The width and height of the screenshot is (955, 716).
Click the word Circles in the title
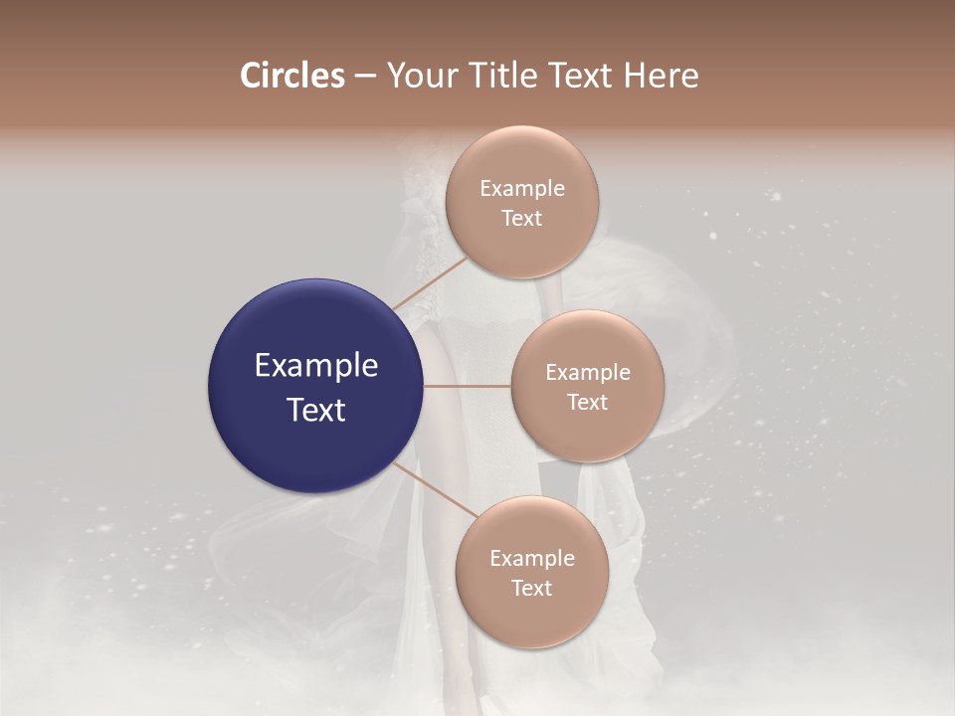point(292,76)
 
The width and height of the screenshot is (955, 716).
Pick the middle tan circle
point(587,433)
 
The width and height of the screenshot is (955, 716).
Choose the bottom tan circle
point(531,622)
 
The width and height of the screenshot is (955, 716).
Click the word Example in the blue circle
point(316,366)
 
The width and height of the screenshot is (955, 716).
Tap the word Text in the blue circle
point(316,410)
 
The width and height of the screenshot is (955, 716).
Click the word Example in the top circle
point(522,189)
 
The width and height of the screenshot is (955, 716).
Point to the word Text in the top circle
point(522,219)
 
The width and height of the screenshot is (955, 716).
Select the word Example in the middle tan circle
point(588,373)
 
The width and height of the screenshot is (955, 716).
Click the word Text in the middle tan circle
point(587,402)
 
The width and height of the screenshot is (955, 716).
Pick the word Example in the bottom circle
point(532,559)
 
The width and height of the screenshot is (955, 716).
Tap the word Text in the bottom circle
point(531,588)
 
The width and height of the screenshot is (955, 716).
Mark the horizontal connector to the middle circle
point(468,386)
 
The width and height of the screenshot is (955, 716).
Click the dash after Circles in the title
point(365,77)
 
